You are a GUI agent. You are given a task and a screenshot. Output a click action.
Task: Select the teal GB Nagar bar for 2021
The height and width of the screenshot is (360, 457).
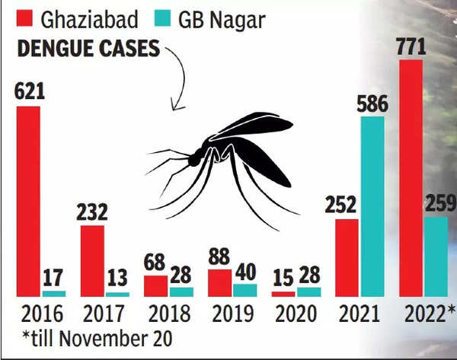372,205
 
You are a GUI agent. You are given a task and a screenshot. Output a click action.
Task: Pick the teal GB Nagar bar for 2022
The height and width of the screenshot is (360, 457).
436,256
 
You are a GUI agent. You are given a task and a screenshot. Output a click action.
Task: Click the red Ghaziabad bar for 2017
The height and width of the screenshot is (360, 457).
92,260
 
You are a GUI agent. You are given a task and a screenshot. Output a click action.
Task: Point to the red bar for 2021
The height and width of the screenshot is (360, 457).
347,257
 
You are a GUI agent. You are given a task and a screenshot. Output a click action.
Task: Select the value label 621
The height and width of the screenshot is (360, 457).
30,93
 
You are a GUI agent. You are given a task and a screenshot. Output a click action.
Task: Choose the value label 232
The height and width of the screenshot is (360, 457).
92,212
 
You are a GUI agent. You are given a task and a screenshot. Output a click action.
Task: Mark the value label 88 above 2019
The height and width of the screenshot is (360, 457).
220,256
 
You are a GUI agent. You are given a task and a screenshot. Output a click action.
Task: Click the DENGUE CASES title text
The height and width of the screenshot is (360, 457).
88,48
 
